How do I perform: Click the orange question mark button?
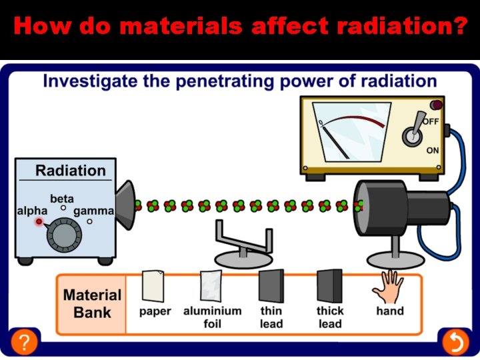click(24, 343)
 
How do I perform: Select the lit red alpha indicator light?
click(39, 221)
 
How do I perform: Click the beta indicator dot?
click(63, 208)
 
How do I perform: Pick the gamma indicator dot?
click(89, 221)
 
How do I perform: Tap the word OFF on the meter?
click(430, 121)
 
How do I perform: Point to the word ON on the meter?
click(433, 151)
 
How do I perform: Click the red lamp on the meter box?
click(437, 105)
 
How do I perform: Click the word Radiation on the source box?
click(70, 171)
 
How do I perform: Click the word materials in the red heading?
click(161, 27)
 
